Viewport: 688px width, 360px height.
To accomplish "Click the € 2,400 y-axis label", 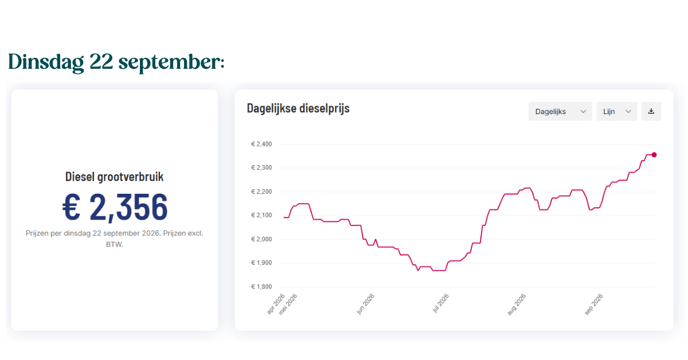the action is [261, 144].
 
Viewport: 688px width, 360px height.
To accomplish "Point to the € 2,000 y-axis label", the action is [261, 239].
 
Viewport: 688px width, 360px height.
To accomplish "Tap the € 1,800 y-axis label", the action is [261, 287].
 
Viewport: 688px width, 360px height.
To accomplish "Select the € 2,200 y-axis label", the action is [261, 191].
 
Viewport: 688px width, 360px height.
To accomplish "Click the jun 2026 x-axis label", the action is [365, 304].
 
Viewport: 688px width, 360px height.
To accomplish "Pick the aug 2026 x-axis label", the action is [517, 304].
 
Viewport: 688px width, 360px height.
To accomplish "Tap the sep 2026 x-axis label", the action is [594, 304].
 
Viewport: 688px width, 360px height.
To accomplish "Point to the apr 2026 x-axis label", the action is [276, 304].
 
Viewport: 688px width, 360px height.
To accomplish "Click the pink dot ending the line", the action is [654, 155].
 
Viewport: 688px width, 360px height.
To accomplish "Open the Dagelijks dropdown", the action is [560, 111].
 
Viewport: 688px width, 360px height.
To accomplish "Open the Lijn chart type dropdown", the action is [617, 111].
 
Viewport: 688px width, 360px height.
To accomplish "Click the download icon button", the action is [651, 111].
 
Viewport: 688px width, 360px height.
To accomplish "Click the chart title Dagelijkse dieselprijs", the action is [298, 108].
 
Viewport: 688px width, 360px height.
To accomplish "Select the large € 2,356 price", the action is [115, 207].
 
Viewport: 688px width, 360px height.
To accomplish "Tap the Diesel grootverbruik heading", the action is [115, 177].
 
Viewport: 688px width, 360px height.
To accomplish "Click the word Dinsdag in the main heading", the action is [46, 62].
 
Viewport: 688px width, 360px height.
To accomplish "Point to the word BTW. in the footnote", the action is [115, 245].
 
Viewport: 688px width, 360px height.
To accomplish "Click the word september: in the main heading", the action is [171, 62].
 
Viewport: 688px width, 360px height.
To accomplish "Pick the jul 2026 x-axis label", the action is [440, 303].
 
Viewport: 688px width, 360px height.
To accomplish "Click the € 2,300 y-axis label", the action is [261, 168].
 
